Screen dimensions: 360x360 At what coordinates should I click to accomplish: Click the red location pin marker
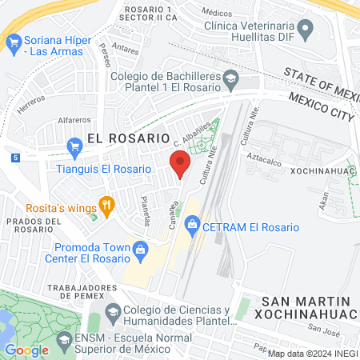coord(180,163)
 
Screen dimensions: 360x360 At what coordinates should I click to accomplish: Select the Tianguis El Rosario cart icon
coord(76,146)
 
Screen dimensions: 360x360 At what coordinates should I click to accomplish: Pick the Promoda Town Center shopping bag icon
coord(140,249)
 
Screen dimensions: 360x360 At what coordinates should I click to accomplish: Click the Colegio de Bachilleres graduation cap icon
coord(231,78)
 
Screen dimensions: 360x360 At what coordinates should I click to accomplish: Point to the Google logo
coord(26,350)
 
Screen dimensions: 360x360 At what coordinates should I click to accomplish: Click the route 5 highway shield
coord(16,158)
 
